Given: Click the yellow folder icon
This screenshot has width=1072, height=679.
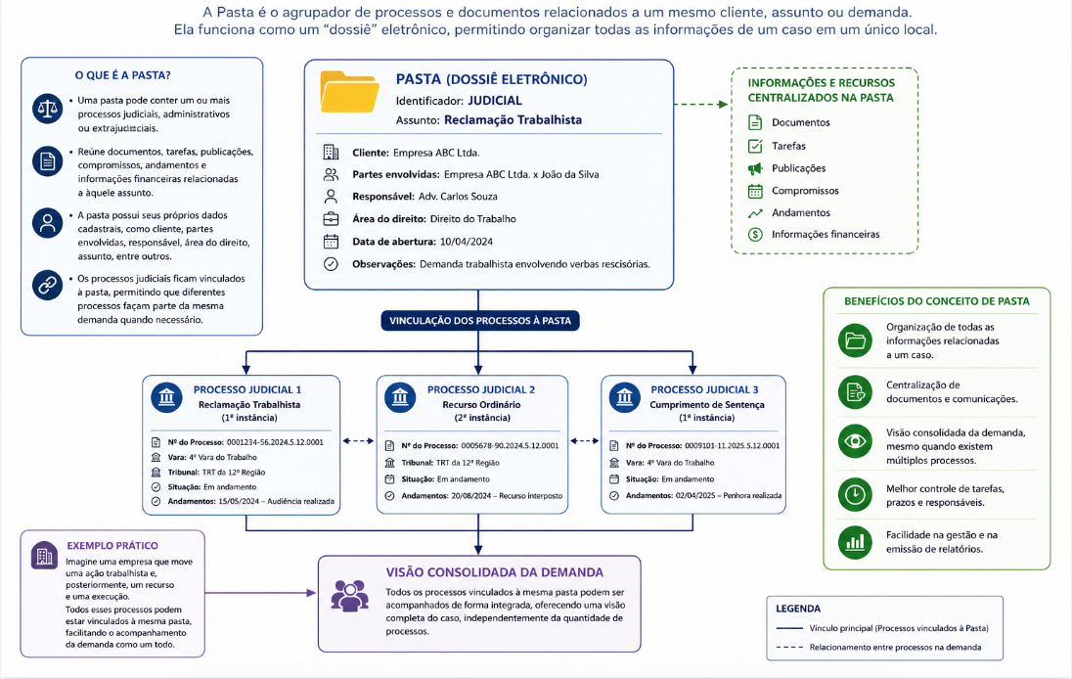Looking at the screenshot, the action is (349, 92).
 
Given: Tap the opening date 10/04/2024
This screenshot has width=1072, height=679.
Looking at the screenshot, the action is (467, 242).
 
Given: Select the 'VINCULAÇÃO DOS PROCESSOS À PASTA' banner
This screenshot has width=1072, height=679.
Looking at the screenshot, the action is (480, 321).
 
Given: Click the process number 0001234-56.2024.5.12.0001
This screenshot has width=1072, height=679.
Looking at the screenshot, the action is (275, 442).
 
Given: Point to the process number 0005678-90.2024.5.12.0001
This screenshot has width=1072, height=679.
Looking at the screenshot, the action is (510, 446).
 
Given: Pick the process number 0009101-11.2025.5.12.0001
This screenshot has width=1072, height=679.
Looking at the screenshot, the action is (733, 446).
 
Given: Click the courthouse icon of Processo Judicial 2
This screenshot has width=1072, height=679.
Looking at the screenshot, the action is (400, 397).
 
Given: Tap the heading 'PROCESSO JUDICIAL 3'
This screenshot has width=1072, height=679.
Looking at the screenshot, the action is (704, 389).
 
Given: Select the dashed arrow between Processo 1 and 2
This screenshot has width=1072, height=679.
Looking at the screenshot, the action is (358, 441).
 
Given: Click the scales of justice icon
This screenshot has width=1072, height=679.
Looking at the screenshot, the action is (47, 109).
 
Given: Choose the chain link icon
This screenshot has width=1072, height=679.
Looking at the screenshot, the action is (47, 285).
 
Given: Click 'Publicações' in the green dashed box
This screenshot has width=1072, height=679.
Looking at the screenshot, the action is (798, 168).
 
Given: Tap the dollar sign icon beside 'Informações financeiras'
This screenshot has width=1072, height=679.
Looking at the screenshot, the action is (755, 235).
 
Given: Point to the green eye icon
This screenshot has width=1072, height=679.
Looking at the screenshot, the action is (855, 441).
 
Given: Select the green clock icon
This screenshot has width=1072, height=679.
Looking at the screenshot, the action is (855, 494).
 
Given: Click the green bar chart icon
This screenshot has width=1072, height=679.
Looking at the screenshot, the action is (855, 542).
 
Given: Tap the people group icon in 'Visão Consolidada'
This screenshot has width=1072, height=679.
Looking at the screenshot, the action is (349, 596).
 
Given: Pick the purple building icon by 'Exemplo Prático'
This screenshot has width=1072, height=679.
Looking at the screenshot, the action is (44, 556).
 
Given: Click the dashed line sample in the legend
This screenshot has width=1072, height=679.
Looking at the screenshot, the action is (789, 647).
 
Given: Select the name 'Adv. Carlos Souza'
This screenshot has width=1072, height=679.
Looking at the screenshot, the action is (458, 197).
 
